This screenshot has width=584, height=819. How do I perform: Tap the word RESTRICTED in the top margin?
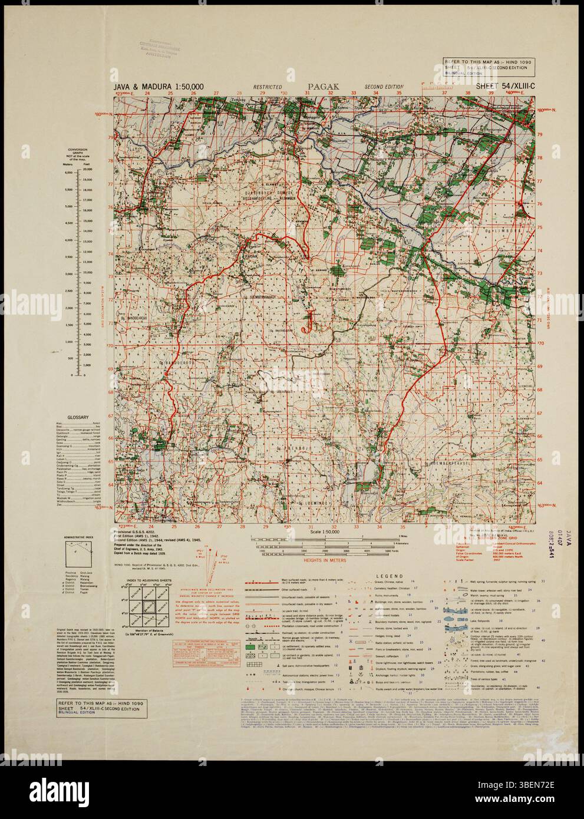click(267, 87)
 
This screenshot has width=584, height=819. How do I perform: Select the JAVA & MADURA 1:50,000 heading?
click(160, 87)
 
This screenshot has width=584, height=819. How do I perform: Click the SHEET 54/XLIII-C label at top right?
click(500, 87)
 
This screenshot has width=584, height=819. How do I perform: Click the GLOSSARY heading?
click(78, 417)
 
